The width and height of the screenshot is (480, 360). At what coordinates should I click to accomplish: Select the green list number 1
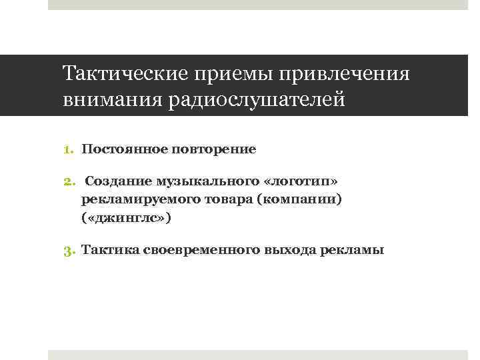(x=72, y=149)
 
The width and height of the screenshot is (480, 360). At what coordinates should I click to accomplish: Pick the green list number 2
(x=72, y=182)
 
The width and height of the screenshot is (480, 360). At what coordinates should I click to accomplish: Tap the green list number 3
(x=72, y=251)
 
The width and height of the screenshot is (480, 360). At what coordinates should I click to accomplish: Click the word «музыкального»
(x=199, y=181)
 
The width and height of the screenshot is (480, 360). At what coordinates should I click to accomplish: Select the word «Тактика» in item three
(x=110, y=250)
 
